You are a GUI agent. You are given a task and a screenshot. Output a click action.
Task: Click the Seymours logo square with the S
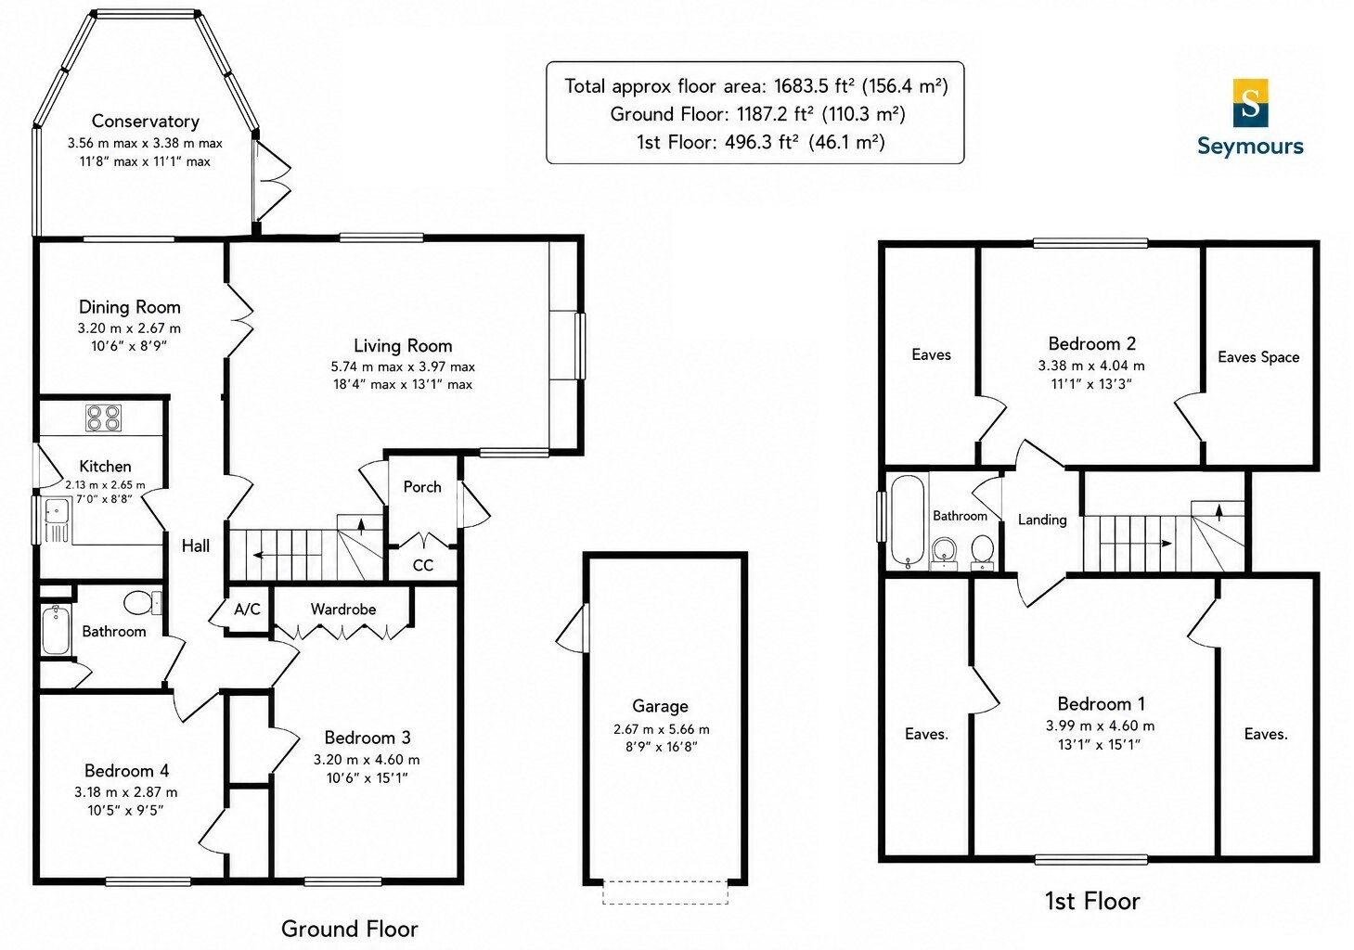[1250, 103]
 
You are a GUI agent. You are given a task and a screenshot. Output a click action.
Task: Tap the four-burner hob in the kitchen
[103, 417]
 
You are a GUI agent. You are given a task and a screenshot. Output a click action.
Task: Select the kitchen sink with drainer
[57, 520]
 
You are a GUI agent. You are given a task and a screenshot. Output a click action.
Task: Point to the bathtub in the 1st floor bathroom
[908, 521]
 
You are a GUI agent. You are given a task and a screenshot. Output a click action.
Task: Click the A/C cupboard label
[247, 610]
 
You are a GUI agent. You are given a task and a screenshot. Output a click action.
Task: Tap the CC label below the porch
[422, 565]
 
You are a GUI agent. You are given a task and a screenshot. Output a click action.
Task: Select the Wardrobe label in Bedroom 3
[343, 610]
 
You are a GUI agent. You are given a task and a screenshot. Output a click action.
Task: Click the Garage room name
[660, 706]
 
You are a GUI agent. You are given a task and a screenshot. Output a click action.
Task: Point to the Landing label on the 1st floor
[1042, 520]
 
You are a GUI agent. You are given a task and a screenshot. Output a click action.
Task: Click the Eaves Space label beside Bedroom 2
[1258, 357]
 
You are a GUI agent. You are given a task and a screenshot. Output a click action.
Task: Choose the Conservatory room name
[145, 122]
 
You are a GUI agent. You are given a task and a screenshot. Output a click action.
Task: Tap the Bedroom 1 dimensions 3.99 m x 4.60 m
[1100, 725]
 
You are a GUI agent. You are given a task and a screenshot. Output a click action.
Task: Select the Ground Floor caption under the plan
[349, 929]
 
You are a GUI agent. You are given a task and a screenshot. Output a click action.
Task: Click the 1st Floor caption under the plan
[1092, 901]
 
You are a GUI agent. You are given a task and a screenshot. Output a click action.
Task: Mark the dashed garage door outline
[664, 892]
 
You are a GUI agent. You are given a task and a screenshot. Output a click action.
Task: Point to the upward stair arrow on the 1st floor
[1219, 512]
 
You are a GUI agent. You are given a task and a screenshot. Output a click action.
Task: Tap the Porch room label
[422, 487]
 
